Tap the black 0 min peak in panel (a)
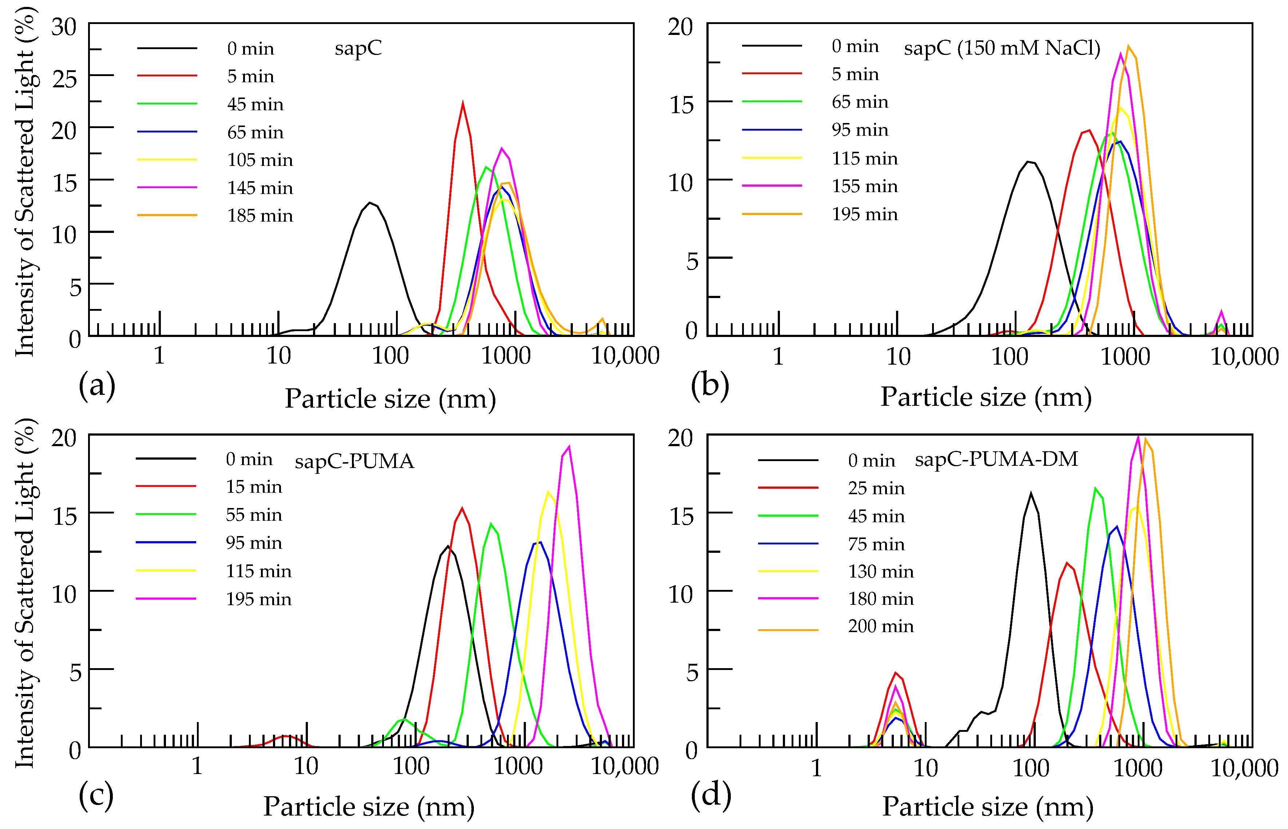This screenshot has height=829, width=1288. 369,203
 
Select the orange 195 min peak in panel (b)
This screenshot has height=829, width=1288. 1128,46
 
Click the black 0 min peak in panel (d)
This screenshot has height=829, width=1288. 1031,493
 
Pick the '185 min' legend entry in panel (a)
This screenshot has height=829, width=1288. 260,216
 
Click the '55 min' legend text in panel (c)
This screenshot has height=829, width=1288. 254,515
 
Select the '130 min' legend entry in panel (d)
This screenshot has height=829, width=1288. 880,571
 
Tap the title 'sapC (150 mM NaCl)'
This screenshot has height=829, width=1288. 1002,48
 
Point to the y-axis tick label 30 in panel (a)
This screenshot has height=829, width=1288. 64,27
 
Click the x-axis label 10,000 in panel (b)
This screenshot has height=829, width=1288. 1244,356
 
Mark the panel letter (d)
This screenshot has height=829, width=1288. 710,794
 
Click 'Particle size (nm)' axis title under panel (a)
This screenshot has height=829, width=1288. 390,399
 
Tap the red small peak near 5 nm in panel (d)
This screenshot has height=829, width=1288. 896,673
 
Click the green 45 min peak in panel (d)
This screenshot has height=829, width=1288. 1095,488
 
